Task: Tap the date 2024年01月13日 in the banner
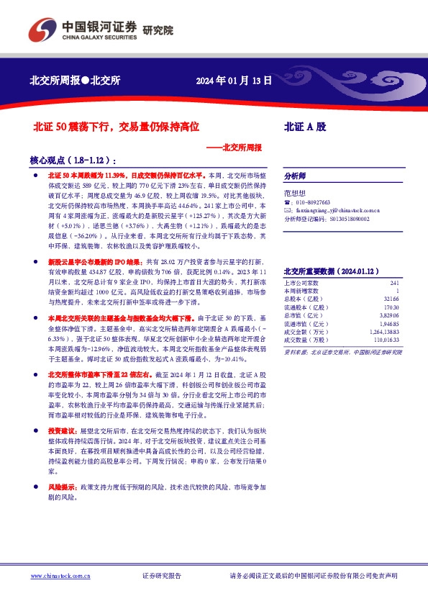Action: click(234, 81)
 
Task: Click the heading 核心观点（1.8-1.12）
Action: click(72, 160)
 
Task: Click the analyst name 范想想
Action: click(295, 193)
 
